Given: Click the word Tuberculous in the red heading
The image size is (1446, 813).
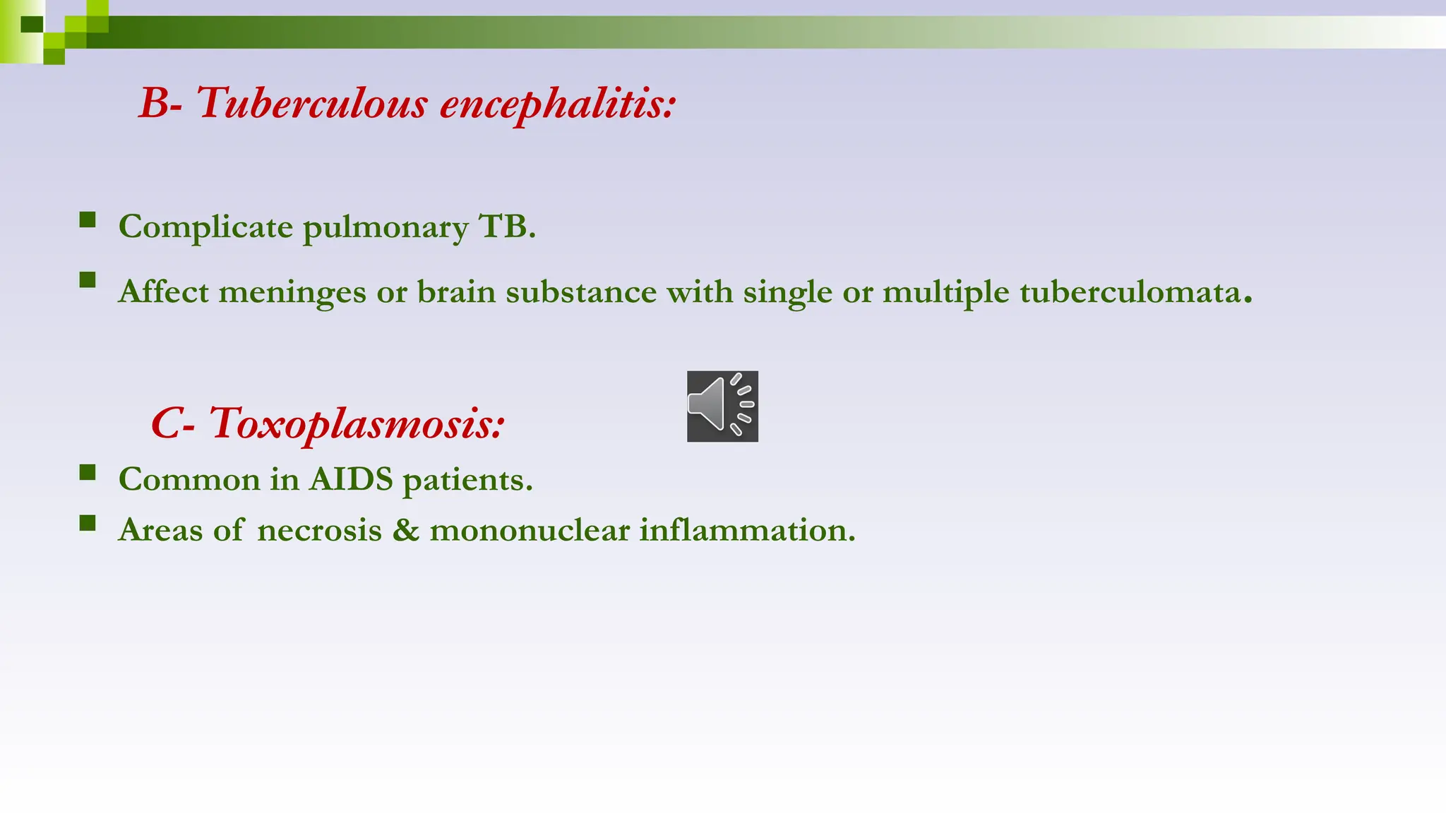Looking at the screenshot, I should click(311, 103).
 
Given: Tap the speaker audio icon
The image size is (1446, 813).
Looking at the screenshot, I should click(722, 406).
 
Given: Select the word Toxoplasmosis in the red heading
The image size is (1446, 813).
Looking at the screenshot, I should click(356, 424).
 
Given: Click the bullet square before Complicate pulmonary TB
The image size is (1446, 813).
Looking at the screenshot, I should click(88, 220).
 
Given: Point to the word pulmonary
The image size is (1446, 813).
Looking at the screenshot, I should click(386, 228).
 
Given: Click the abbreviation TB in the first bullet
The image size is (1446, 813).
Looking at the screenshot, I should click(506, 227).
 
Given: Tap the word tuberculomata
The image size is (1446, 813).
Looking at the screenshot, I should click(1130, 292).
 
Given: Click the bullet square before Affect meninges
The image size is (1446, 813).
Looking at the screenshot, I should click(88, 280).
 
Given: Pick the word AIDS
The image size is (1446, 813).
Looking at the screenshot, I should click(350, 480).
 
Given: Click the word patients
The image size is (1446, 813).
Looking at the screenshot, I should click(467, 481).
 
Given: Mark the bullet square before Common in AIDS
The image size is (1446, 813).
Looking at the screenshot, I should click(88, 472).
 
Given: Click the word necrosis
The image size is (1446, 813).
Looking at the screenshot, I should click(319, 530).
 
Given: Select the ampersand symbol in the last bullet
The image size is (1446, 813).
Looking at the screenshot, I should click(405, 530).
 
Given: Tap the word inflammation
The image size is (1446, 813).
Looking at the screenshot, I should click(747, 530).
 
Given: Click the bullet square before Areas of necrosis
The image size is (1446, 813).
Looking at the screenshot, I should click(88, 523).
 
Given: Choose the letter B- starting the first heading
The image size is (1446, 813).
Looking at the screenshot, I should click(160, 103).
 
